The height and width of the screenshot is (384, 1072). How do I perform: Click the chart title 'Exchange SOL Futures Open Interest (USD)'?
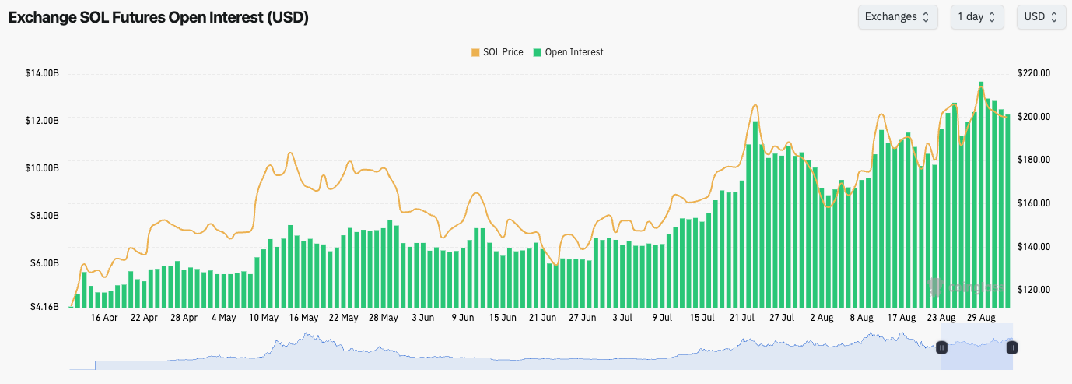159,18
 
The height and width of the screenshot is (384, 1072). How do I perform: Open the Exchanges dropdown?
897,17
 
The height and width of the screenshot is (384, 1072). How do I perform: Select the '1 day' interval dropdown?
976,17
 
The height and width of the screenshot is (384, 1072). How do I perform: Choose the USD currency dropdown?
1040,17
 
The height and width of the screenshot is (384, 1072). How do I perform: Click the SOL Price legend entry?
497,52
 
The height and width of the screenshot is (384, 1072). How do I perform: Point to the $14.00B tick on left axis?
42,73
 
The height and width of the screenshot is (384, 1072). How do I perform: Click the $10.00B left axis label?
42,168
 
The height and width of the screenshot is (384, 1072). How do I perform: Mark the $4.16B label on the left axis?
44,307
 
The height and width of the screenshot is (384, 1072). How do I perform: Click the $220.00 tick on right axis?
1034,73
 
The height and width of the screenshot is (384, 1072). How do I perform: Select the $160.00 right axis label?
1034,203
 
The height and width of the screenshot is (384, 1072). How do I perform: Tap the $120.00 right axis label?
1034,290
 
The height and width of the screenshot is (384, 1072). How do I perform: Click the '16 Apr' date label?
104,318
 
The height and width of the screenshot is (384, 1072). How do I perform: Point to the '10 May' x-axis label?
264,318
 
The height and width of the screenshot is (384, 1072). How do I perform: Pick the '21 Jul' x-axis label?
743,318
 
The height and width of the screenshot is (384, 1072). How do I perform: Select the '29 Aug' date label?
982,318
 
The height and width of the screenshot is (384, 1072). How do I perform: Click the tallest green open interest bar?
981,195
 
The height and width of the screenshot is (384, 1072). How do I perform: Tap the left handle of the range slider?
941,347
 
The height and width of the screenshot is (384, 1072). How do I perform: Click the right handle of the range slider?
1011,347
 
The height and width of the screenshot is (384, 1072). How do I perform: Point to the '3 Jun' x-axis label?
422,318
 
